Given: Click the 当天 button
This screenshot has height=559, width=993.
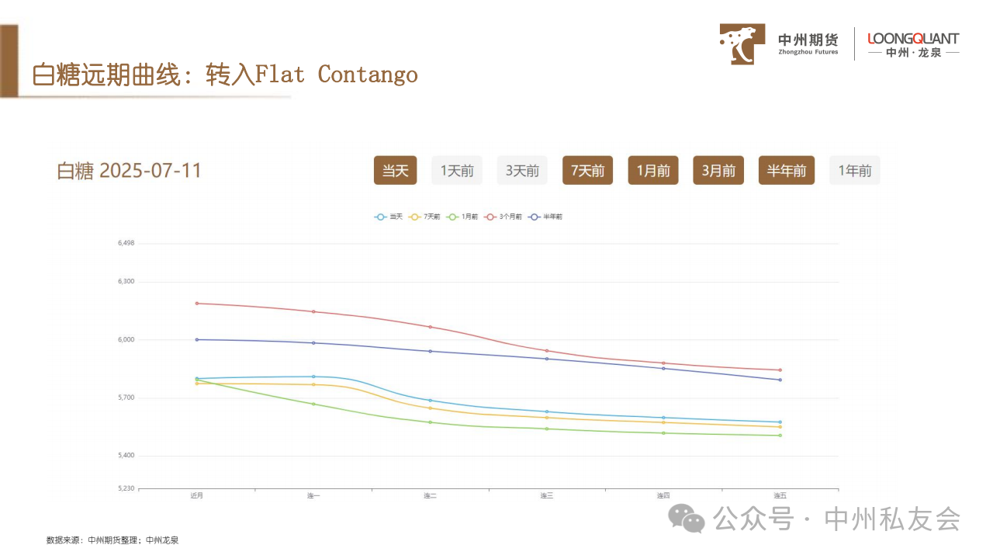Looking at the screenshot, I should pos(395,171).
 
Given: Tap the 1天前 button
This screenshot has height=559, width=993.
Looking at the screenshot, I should pos(457,171).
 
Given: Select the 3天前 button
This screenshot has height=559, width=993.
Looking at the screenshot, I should pos(522,171).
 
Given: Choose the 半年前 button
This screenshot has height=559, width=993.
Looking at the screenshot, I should pos(787,171).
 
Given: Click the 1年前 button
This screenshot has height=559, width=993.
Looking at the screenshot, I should pos(854,171).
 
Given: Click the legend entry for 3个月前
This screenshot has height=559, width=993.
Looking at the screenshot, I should pos(503,217).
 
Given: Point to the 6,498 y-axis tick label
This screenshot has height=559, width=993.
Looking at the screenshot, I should pos(126,243).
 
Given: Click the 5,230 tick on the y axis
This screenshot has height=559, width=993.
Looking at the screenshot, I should pos(126,488).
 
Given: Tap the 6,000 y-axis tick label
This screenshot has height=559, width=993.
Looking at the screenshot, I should pos(126,339).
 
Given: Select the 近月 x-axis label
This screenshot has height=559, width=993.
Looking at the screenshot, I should pos(197,495).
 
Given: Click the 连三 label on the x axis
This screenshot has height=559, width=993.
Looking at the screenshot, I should pos(547,495).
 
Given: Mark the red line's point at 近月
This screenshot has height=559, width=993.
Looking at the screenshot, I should pos(197,303).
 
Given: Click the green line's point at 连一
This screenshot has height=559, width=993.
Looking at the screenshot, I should pos(313,404).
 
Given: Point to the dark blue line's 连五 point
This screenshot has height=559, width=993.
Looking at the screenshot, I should pos(780,380).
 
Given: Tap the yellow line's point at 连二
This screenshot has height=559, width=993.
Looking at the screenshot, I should pos(431,408).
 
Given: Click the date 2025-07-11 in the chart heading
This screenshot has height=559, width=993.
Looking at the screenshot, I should pos(151,171).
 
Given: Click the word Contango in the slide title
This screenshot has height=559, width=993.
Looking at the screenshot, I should pos(368,75).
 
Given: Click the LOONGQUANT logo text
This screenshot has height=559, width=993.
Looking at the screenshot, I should pos(913,39).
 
